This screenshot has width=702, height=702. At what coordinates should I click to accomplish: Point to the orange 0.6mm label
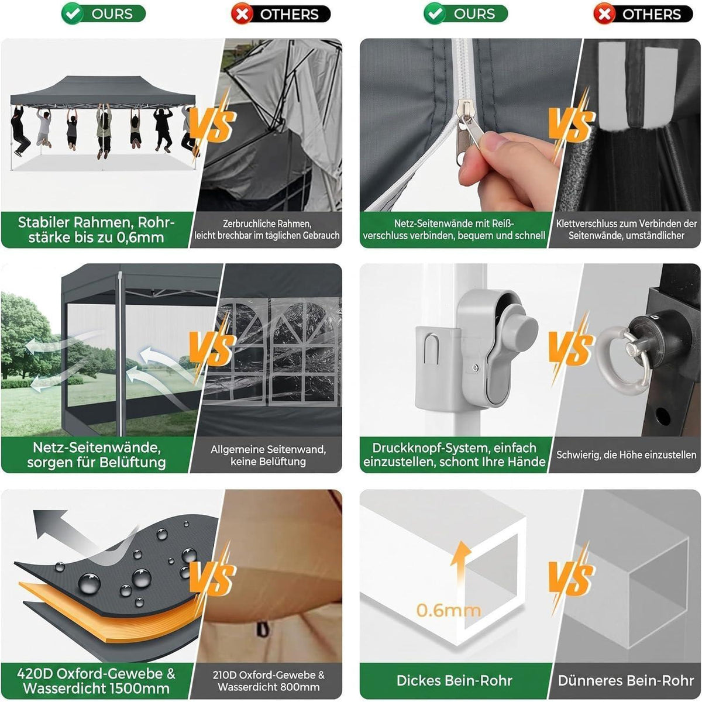pyautogui.click(x=449, y=610)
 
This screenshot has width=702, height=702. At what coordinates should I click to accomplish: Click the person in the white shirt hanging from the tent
pyautogui.click(x=44, y=128)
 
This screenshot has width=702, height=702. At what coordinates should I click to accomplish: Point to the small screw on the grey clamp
pyautogui.click(x=476, y=369)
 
